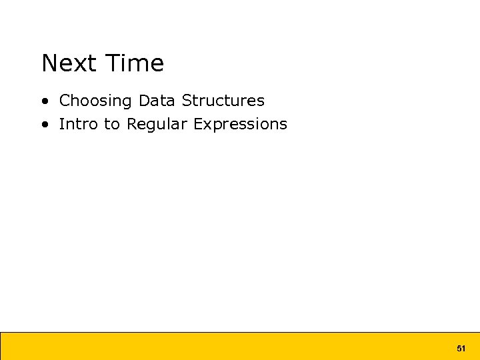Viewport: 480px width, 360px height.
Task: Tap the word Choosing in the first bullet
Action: pos(96,101)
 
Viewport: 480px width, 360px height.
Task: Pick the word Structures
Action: pos(223,101)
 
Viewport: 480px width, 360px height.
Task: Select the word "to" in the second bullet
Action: pos(112,124)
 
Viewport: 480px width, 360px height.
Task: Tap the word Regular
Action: pos(157,125)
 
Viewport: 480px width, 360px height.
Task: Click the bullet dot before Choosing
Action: pos(44,101)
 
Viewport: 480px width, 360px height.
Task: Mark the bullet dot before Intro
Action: pos(44,125)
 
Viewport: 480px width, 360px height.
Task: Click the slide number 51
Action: pos(461,349)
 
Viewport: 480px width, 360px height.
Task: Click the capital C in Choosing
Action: pos(65,101)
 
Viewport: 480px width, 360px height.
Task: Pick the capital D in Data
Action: pos(144,101)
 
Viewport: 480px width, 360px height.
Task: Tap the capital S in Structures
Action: pos(187,101)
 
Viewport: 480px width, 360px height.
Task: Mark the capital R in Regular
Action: pos(132,124)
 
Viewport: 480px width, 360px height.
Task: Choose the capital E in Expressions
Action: pos(198,124)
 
